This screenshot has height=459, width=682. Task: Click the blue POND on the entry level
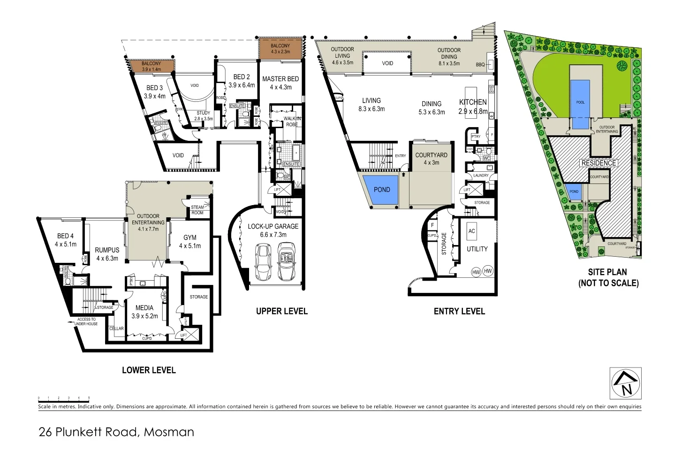[381, 190]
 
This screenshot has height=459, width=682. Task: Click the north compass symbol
[626, 383]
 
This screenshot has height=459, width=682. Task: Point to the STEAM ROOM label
[197, 210]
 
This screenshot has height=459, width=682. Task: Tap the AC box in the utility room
[471, 231]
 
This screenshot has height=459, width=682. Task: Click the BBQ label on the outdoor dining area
[480, 65]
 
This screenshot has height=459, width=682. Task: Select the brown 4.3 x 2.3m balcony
[280, 48]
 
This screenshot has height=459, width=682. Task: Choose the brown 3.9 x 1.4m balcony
[152, 66]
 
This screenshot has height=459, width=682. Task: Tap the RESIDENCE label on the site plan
[599, 163]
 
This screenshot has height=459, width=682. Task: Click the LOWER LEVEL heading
[149, 370]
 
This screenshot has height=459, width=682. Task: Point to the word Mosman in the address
[169, 432]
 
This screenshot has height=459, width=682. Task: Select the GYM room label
[189, 238]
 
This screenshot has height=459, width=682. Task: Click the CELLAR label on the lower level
[116, 329]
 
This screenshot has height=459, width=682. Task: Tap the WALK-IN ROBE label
[292, 122]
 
